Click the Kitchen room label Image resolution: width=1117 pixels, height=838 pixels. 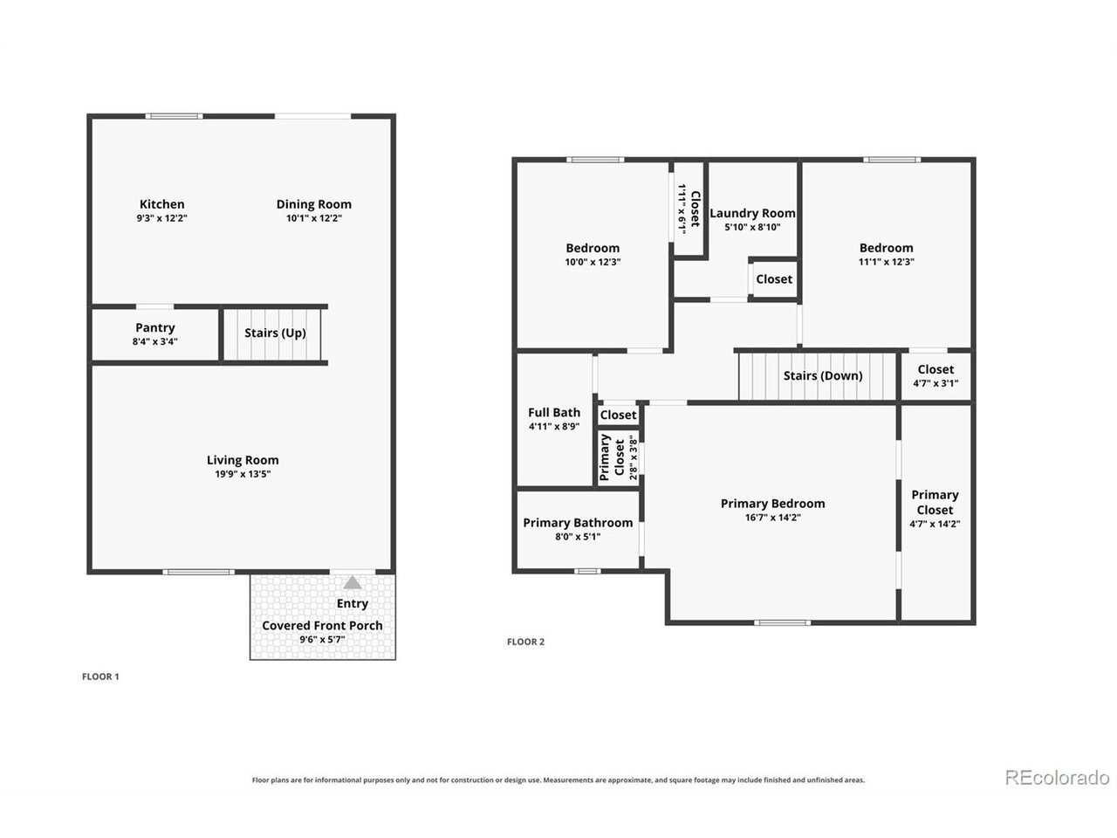(161, 204)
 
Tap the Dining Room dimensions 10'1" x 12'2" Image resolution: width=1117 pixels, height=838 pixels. (313, 218)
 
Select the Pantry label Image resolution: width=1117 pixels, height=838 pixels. (155, 327)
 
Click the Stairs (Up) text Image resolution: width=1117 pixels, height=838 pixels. (275, 333)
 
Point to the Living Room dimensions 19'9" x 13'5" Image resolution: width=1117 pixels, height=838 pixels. (243, 474)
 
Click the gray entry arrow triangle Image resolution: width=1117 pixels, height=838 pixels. (353, 582)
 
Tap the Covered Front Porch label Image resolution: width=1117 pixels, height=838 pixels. (322, 625)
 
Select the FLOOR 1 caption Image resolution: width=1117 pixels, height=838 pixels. (100, 677)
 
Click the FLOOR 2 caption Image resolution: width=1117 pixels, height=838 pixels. (525, 642)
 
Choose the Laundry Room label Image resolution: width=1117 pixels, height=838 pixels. (752, 213)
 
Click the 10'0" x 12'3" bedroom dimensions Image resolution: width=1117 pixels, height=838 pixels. (593, 262)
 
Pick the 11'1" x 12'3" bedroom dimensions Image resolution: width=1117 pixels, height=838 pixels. (886, 262)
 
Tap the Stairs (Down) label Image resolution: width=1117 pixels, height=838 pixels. (822, 375)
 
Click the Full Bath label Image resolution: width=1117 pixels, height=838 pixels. (553, 412)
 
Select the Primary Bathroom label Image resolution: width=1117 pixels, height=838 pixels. (578, 523)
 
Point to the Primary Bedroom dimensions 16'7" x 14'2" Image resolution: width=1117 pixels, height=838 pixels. (772, 518)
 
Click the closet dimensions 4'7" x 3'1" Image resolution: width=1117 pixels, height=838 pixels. (935, 383)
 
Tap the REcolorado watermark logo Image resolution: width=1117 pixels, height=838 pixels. (1057, 778)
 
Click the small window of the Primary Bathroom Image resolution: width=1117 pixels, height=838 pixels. (587, 571)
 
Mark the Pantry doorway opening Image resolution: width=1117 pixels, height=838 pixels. (154, 306)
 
